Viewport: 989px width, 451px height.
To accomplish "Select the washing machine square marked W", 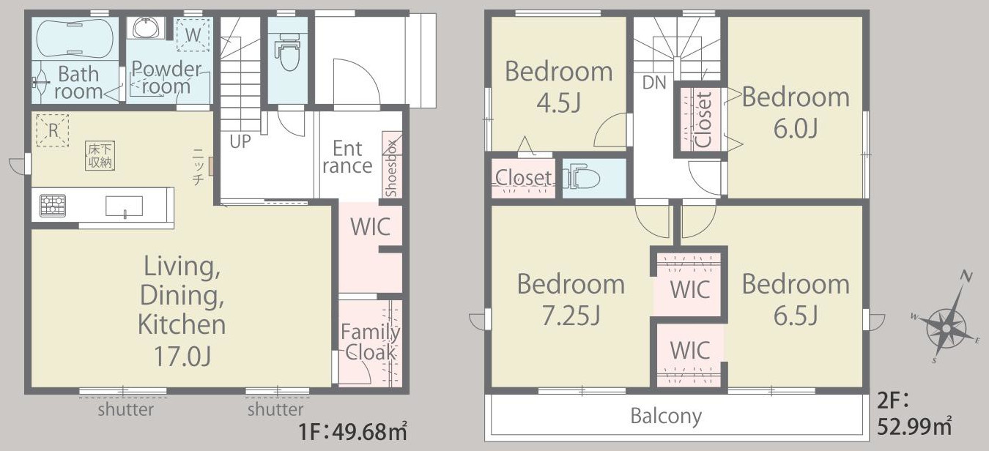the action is coord(193,34).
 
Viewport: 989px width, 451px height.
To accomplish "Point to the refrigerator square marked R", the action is coord(53,130).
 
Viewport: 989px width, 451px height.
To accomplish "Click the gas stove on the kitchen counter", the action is coord(53,206).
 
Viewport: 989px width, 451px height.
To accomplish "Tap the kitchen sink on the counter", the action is coord(124,206).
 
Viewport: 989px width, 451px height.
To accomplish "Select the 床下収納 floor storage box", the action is coord(100,155).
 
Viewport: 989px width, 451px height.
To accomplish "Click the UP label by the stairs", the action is coord(240,141).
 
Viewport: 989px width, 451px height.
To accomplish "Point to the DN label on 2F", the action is coord(654,83).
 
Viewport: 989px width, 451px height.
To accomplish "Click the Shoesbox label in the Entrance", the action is coord(392,168).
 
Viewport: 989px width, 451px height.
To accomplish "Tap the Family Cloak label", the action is coord(371,342).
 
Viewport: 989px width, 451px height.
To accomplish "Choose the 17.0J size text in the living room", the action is coord(182,357).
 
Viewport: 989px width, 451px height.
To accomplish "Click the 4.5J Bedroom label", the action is coord(558,102).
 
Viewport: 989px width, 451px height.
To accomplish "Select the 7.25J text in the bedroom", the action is coord(571,315).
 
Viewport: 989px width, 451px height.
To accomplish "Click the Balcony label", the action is coord(666,416).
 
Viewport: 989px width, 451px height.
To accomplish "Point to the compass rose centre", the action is coord(947,329).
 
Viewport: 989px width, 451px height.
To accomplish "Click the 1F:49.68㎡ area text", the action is coord(353,431).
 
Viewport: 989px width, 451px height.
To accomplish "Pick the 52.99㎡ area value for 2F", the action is coord(914,426).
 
